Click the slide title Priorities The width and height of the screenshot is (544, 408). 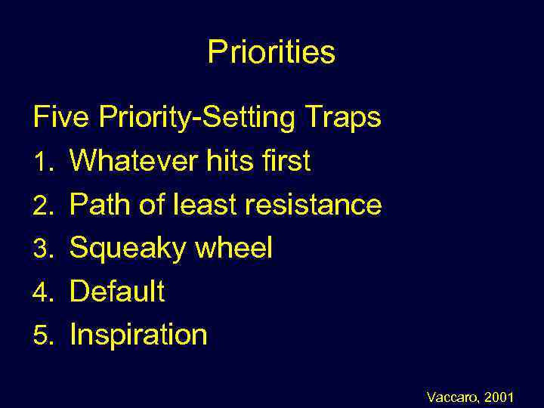pyautogui.click(x=271, y=53)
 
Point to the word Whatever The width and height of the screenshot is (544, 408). pyautogui.click(x=131, y=161)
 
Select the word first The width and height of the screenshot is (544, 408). pyautogui.click(x=284, y=161)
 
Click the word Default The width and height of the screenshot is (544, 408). pyautogui.click(x=117, y=291)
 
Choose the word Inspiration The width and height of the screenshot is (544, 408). pyautogui.click(x=138, y=335)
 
